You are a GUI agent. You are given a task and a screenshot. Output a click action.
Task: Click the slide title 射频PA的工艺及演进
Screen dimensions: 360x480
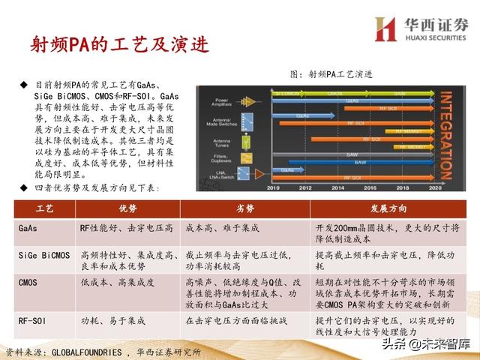(x=113, y=44)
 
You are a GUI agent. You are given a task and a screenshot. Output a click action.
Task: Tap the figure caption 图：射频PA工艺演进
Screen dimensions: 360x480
(x=331, y=74)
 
